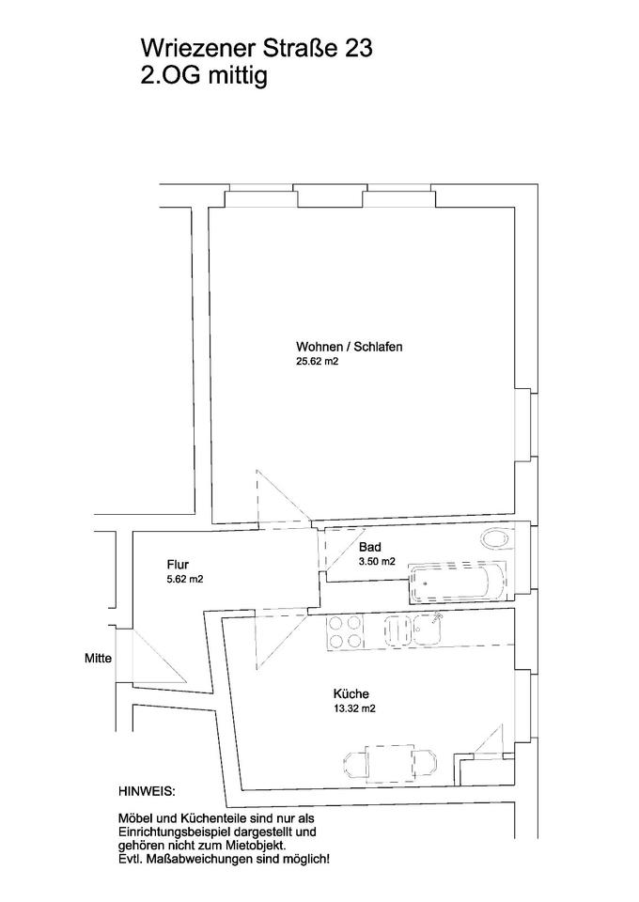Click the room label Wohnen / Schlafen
click(349, 346)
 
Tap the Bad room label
click(368, 546)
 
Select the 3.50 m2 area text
click(376, 561)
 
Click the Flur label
click(178, 564)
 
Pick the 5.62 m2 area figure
click(184, 579)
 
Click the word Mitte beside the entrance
click(98, 659)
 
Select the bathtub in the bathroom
click(456, 583)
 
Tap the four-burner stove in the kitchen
click(345, 631)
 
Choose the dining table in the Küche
click(391, 760)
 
